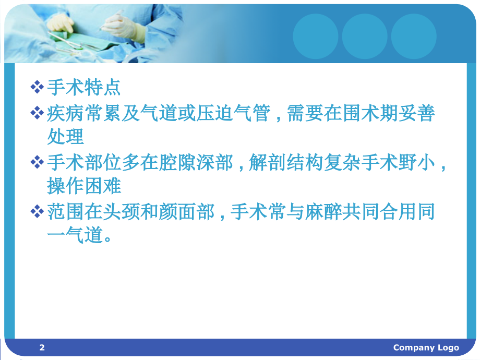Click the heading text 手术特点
[x=83, y=87]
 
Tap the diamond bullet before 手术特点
[x=37, y=87]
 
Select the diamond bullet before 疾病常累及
[x=37, y=113]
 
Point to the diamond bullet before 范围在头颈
[x=37, y=212]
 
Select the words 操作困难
[x=83, y=186]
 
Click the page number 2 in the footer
[x=42, y=347]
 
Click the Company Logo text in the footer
[x=426, y=347]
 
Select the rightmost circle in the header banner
[x=414, y=36]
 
